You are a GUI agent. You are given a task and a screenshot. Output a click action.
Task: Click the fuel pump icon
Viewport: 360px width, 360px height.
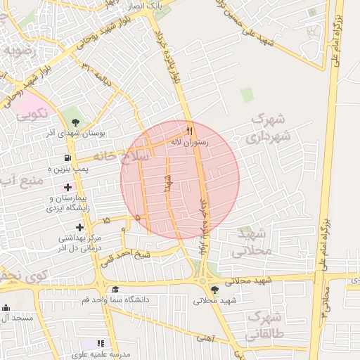67,158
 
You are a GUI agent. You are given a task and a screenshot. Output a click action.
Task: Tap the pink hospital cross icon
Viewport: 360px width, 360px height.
68,187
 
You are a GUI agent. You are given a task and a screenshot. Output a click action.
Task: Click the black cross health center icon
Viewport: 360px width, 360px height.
79,227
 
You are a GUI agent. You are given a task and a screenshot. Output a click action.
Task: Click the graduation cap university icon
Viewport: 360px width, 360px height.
115,289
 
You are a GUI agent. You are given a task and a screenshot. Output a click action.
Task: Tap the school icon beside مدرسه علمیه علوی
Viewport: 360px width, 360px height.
101,343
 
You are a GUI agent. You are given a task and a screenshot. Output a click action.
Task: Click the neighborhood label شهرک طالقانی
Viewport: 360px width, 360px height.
264,324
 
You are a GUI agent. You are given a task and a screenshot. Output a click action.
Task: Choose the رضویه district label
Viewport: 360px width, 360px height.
19,52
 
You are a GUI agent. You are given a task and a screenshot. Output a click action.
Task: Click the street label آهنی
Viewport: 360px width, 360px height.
203,338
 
